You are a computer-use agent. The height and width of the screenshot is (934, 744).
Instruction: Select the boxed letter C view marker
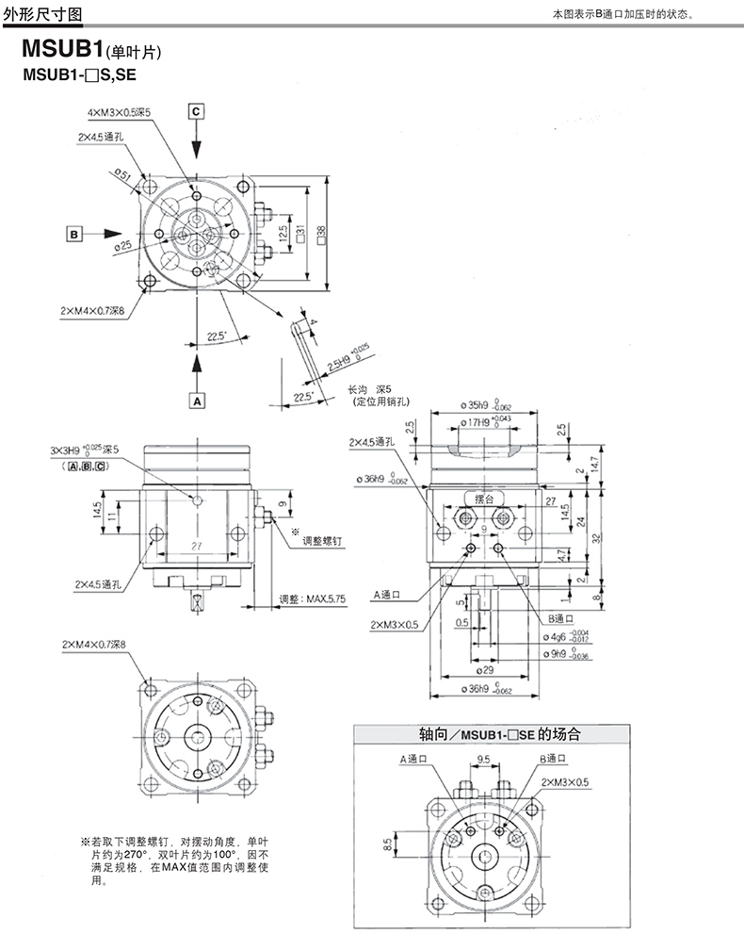(x=196, y=111)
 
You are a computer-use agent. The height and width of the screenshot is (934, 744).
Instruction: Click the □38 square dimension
(x=321, y=233)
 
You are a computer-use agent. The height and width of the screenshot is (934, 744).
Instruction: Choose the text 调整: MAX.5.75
(x=314, y=598)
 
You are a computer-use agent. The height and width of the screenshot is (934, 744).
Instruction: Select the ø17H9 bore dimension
(x=487, y=423)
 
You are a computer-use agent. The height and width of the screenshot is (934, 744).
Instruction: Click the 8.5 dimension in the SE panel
(x=387, y=844)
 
